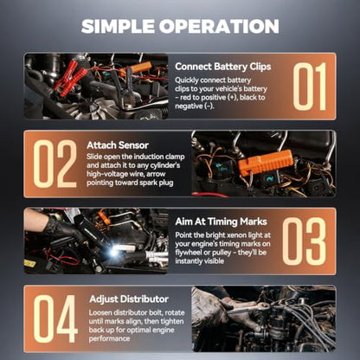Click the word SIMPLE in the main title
pos(118,26)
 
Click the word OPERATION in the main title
pos(219,26)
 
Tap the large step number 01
pos(310,87)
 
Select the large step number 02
pos(55,164)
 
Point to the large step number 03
pos(304,241)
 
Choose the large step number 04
pos(55,318)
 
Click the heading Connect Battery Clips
pos(223,67)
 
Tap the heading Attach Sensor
pos(118,145)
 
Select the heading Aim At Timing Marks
pos(221,222)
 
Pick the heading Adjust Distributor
pos(129,299)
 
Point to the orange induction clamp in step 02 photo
pos(266,163)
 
